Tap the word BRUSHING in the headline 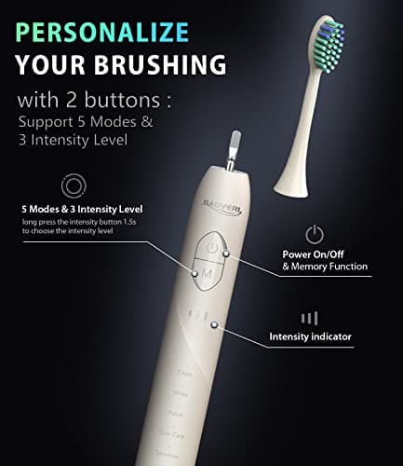coord(159,65)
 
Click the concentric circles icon coord(70,183)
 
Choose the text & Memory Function coord(325,267)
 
